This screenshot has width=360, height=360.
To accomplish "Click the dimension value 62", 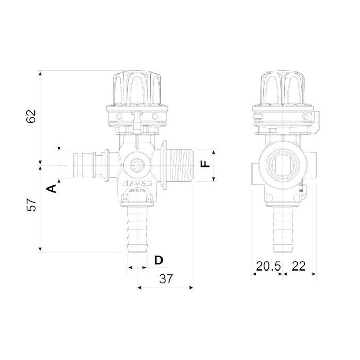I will point(31,117).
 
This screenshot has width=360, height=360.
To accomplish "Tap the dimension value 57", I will point(31,205).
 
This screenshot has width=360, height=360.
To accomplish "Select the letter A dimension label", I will point(51,189).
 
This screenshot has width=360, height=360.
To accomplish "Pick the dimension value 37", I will point(166,279).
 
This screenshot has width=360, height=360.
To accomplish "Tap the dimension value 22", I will point(299,266).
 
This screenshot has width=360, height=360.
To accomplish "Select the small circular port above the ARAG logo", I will point(138,165).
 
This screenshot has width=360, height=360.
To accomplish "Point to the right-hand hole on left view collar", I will point(155,117).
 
